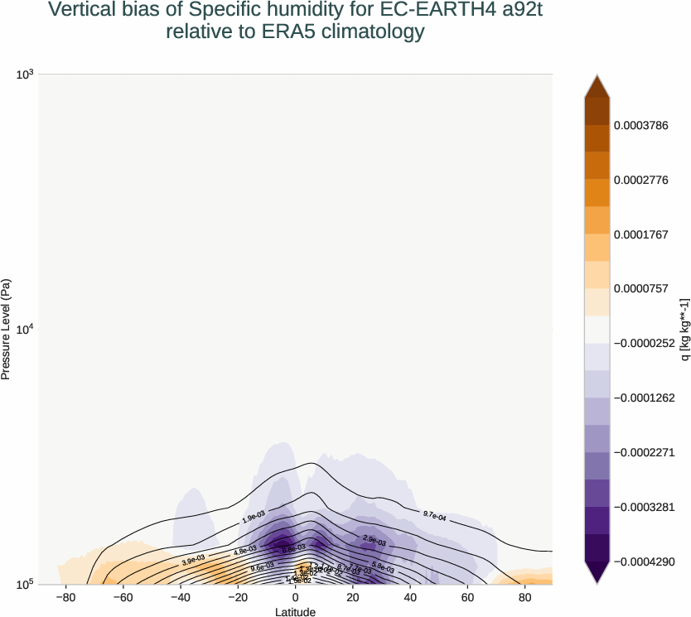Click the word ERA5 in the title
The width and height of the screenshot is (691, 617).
tap(279, 32)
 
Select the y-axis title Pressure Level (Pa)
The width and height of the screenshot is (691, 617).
tap(7, 330)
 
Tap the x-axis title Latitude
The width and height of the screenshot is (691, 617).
tap(295, 611)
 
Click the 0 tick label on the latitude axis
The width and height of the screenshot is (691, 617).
tap(295, 596)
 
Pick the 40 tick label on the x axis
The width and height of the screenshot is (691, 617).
tap(409, 596)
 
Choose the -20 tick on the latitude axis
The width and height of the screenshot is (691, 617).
tap(238, 596)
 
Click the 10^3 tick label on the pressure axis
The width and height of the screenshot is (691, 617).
tap(24, 75)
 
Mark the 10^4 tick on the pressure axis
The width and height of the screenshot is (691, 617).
tap(24, 330)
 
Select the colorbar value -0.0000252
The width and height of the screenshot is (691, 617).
tap(643, 342)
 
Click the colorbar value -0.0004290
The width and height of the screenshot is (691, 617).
tap(643, 561)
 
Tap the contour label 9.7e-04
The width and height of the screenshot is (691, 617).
tap(434, 517)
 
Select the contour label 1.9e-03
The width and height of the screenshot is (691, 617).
tap(254, 518)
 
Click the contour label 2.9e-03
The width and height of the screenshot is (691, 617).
tap(374, 539)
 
